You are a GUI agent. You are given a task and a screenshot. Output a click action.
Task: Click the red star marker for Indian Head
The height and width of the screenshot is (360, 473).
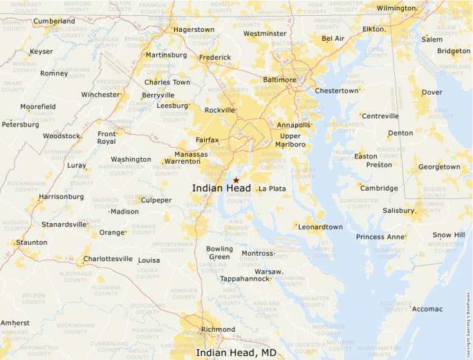tap(236, 180)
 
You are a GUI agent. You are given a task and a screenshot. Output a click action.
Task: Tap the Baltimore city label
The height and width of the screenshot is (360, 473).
tap(280, 80)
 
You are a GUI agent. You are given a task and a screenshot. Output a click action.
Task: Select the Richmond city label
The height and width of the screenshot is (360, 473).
tap(218, 330)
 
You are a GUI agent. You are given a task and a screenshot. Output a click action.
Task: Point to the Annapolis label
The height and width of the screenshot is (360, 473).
tap(293, 125)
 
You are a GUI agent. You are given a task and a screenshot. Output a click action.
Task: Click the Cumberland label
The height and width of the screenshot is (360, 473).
tap(54, 21)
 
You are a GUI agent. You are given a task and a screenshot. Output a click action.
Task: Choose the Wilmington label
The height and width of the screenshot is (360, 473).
tap(396, 8)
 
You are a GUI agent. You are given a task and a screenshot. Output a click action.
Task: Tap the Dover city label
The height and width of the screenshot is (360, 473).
tap(432, 92)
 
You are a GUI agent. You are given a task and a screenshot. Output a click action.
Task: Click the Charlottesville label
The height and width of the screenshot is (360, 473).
tap(107, 259)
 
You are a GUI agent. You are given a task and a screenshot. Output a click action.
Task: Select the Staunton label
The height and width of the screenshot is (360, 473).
tap(32, 243)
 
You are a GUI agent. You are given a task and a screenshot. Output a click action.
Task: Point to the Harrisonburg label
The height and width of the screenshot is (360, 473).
tap(62, 197)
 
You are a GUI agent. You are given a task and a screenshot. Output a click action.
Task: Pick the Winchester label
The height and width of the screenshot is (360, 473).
tap(100, 95)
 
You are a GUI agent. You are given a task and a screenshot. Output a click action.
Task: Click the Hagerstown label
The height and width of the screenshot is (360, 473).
tap(194, 30)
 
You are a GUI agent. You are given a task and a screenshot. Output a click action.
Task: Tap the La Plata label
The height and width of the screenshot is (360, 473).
tap(272, 189)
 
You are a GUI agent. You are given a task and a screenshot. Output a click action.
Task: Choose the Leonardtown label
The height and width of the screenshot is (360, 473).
tap(321, 227)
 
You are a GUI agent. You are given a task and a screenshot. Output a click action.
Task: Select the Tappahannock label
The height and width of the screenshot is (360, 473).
tap(244, 279)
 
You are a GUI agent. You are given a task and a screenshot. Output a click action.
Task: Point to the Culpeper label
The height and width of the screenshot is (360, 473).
tap(156, 200)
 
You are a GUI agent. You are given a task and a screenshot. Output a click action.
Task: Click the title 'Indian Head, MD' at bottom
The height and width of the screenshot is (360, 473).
tap(236, 352)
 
